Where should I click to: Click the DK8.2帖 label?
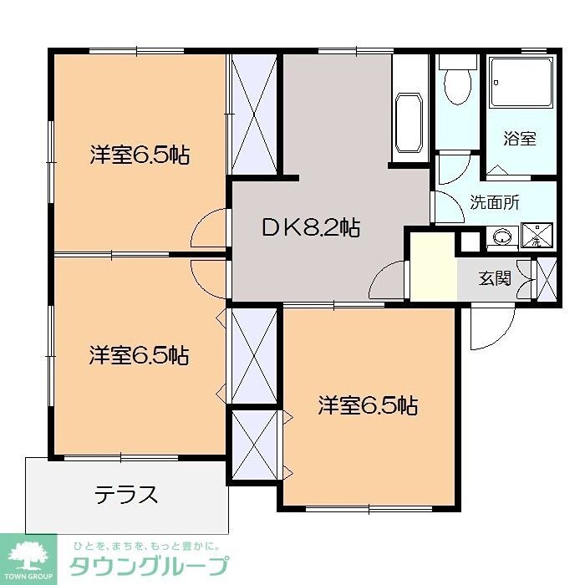point(311,226)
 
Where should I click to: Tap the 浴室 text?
point(519,139)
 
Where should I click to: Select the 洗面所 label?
point(495,201)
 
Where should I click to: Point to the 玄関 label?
point(494,277)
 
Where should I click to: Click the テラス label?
point(125,495)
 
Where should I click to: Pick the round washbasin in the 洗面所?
point(501,237)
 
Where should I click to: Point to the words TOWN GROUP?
point(28,577)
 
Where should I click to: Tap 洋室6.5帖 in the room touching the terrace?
point(139,355)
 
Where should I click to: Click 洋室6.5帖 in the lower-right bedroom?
point(368,406)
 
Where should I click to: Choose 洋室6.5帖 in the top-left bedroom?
point(139,155)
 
